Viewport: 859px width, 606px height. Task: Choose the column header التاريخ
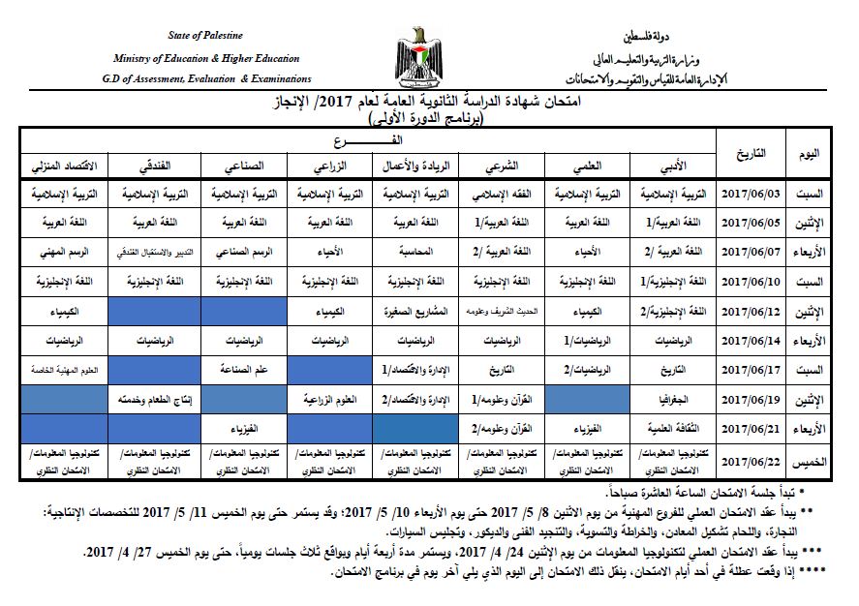click(x=752, y=153)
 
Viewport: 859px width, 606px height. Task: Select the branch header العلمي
click(x=588, y=165)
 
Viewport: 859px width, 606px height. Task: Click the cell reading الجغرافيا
click(x=672, y=399)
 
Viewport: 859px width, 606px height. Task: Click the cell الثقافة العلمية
click(x=672, y=429)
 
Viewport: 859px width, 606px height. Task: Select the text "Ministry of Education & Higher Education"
click(x=205, y=58)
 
